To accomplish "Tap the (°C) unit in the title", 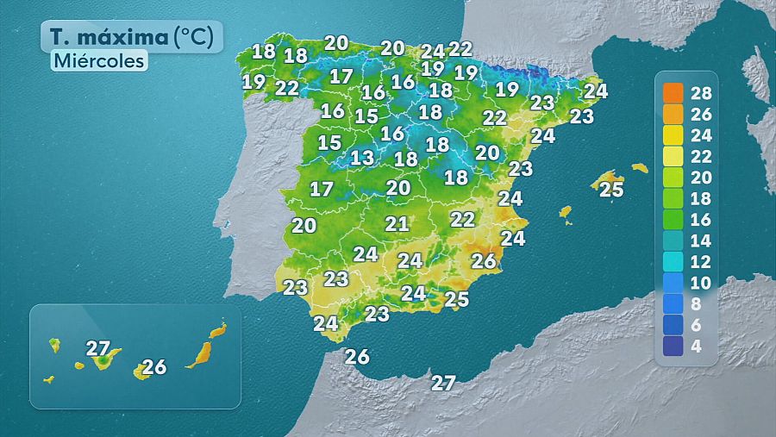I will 198,37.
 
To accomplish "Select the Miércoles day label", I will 97,62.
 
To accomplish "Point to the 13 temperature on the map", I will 362,158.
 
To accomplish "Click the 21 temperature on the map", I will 397,224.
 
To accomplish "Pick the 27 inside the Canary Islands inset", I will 98,348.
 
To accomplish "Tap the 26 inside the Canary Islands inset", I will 153,367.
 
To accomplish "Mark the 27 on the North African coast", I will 443,384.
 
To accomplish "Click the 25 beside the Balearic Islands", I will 611,190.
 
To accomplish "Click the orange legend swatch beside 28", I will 673,92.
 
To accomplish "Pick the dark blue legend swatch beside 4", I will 673,346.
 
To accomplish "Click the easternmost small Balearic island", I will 639,167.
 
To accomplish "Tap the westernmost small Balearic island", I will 566,211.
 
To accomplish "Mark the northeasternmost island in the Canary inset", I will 218,329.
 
